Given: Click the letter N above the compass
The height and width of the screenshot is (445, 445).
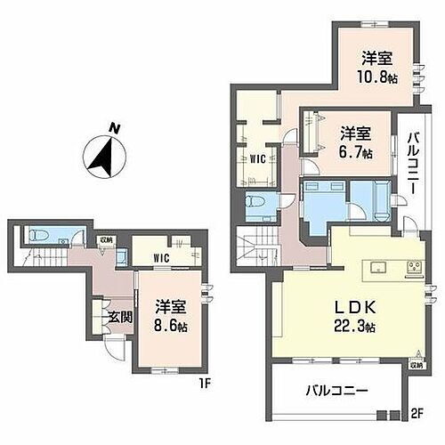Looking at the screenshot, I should pos(113,128).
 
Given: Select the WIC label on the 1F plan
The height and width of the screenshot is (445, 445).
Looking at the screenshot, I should pos(161,258).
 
